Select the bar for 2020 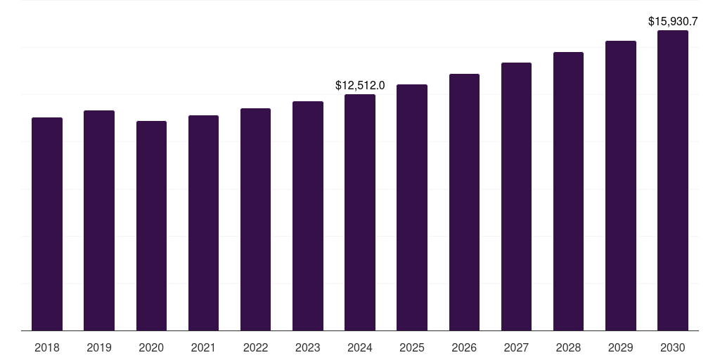pyautogui.click(x=151, y=226)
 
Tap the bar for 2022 pyautogui.click(x=255, y=219)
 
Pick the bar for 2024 pyautogui.click(x=360, y=212)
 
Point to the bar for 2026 pyautogui.click(x=464, y=202)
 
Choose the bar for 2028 pyautogui.click(x=568, y=191)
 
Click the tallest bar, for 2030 pyautogui.click(x=673, y=180)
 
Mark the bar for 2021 pyautogui.click(x=203, y=223)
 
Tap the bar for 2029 pyautogui.click(x=621, y=186)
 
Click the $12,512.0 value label pyautogui.click(x=360, y=86)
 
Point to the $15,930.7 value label pyautogui.click(x=673, y=22)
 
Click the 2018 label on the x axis pyautogui.click(x=47, y=347)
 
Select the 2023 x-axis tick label pyautogui.click(x=308, y=347)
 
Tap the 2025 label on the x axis pyautogui.click(x=412, y=347)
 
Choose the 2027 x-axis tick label pyautogui.click(x=516, y=347)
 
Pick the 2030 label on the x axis pyautogui.click(x=673, y=347)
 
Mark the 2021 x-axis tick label pyautogui.click(x=203, y=347)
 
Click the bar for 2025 pyautogui.click(x=412, y=207)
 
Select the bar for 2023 pyautogui.click(x=308, y=216)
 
